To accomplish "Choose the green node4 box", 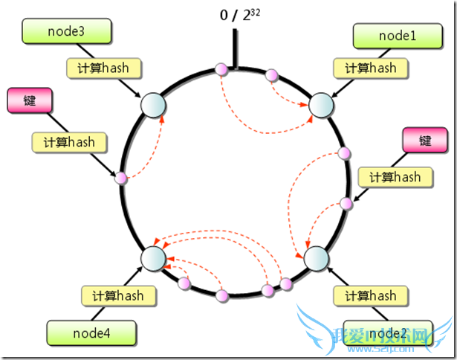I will [x=91, y=332].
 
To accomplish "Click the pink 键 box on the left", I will [x=29, y=100].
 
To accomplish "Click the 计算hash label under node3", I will [x=103, y=68].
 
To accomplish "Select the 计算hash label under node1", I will [x=370, y=68].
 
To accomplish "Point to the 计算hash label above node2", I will [x=371, y=296].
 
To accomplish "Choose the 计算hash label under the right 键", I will [x=389, y=177].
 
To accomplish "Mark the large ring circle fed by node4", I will [x=152, y=258].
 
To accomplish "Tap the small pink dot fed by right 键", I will [x=346, y=203].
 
